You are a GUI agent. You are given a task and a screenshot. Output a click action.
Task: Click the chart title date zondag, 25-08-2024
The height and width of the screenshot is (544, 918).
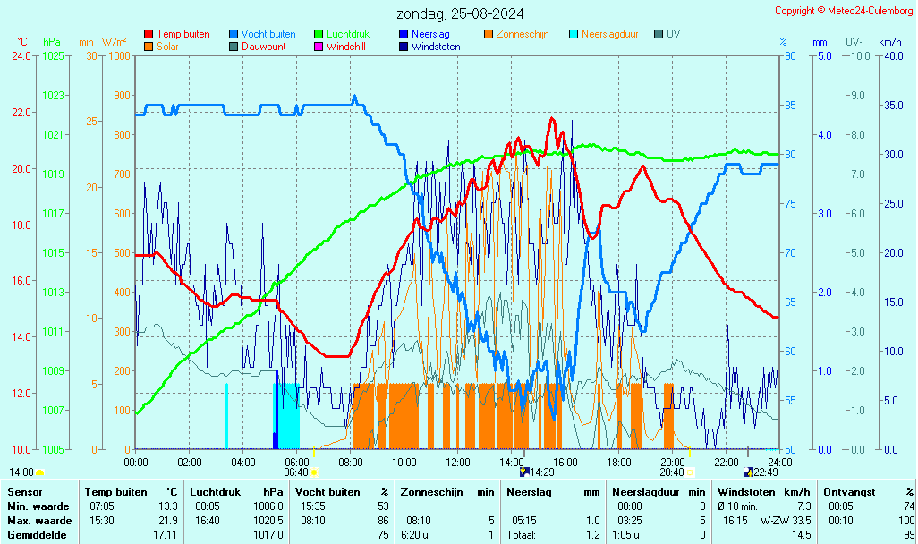[461, 13]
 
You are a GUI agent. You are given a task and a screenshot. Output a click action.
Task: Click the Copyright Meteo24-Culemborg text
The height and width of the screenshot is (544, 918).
[844, 11]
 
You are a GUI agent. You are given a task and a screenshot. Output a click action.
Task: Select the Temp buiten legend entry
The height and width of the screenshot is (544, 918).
[183, 34]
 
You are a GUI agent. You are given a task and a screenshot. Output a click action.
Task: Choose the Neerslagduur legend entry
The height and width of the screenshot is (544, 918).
[609, 34]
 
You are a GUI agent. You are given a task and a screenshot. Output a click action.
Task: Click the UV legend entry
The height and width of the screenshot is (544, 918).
[673, 34]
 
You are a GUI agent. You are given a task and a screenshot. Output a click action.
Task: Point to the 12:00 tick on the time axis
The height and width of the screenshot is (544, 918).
[458, 462]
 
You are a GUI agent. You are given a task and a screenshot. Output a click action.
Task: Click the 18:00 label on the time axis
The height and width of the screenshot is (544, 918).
[619, 462]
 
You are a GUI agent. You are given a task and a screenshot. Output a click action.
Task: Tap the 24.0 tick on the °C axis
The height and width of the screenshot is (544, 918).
[21, 56]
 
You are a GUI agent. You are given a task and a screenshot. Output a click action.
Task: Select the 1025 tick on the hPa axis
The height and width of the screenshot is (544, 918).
[53, 56]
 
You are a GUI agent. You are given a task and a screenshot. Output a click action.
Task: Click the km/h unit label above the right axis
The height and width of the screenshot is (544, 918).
[889, 42]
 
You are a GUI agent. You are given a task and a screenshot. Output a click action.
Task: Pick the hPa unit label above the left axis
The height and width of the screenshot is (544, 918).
[52, 42]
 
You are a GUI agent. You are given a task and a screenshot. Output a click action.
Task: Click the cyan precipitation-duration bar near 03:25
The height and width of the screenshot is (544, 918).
[226, 416]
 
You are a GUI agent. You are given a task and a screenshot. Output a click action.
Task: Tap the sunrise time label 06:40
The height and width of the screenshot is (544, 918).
[295, 472]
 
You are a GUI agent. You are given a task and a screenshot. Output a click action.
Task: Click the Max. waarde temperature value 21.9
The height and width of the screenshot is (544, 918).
[168, 521]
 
